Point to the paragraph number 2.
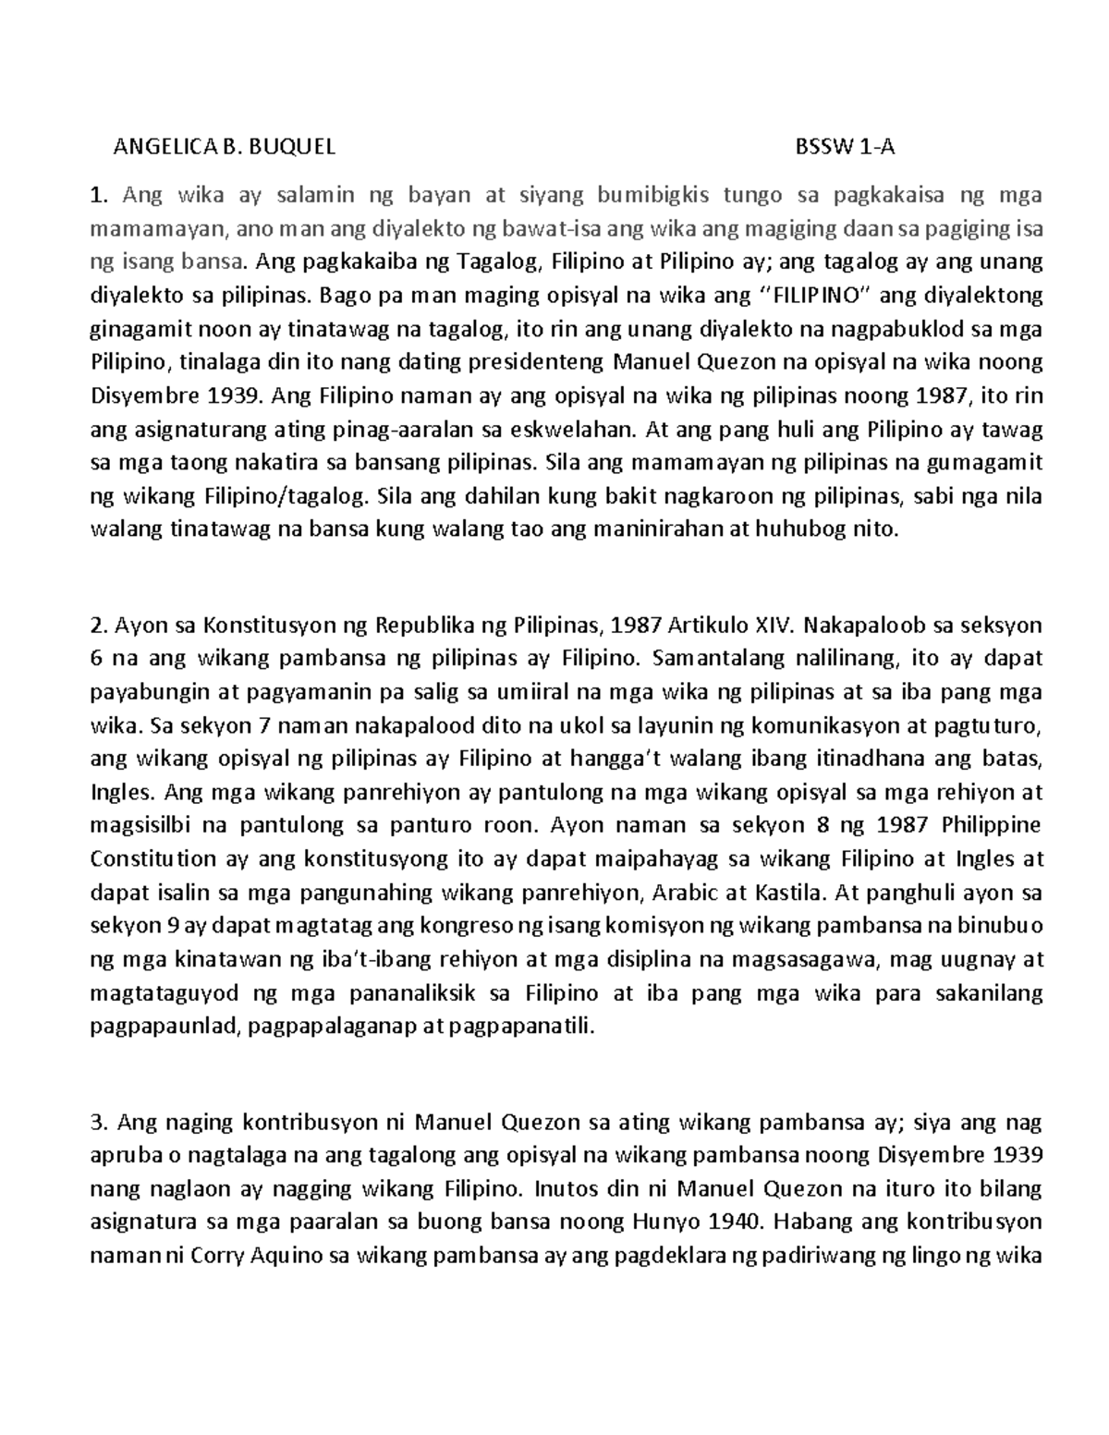point(95,626)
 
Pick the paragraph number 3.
point(95,1124)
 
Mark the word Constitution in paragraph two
point(153,859)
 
